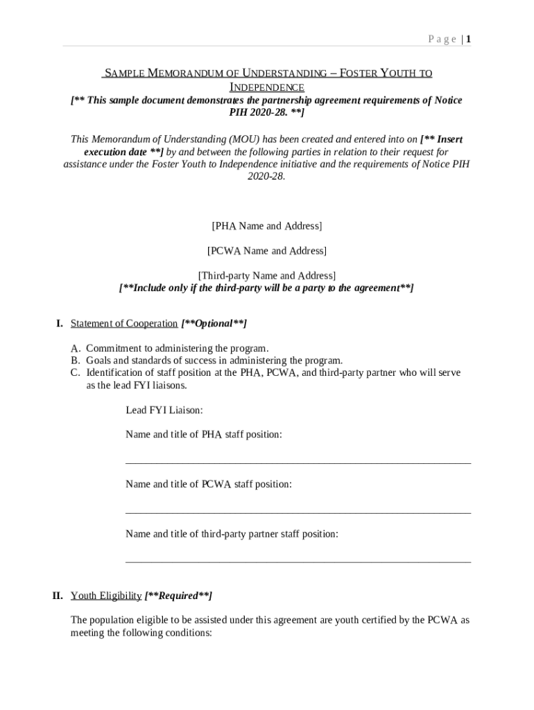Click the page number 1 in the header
(469, 40)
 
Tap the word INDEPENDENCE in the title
(266, 87)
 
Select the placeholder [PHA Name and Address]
(266, 226)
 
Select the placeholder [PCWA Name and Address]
(266, 250)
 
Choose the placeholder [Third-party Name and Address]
(266, 275)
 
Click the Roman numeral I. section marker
(60, 324)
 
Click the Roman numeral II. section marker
(58, 596)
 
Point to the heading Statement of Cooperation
(124, 324)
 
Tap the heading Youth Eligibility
(106, 596)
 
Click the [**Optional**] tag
(214, 324)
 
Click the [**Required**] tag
(178, 596)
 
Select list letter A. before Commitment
(76, 348)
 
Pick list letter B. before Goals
(76, 361)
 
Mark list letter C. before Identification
(76, 373)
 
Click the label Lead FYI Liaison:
(164, 410)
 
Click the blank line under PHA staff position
(298, 462)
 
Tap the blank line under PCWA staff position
(298, 512)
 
